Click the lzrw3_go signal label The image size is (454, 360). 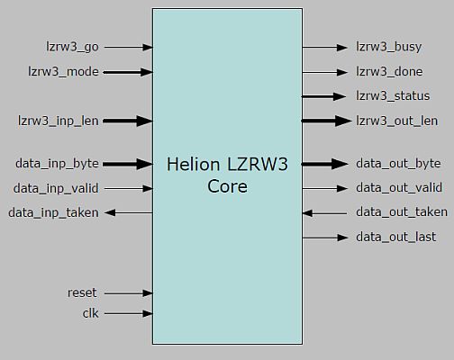[x=71, y=47]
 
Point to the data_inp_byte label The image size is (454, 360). [x=57, y=164]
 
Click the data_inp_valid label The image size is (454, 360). [x=57, y=188]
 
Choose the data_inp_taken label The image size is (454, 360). [x=53, y=212]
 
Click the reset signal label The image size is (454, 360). [x=82, y=292]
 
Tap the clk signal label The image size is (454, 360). [x=90, y=313]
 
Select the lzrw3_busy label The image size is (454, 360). [x=388, y=47]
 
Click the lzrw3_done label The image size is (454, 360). [x=390, y=71]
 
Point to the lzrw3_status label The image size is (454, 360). [x=393, y=95]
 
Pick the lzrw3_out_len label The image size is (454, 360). [x=396, y=121]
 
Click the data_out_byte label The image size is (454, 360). [x=398, y=164]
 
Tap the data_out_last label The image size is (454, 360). [x=396, y=237]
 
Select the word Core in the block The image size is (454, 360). [x=227, y=187]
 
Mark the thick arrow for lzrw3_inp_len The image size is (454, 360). [x=131, y=120]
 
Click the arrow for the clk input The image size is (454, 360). [x=131, y=313]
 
